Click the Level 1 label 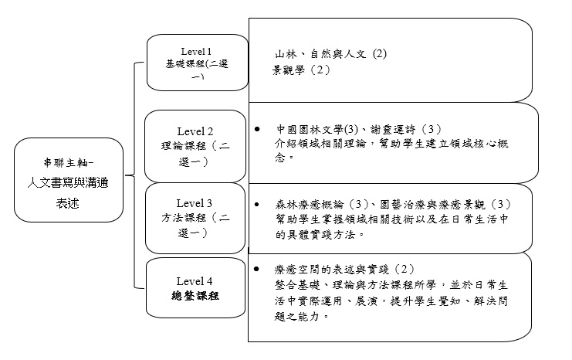pyautogui.click(x=196, y=52)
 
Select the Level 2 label pyautogui.click(x=195, y=131)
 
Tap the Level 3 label pyautogui.click(x=194, y=203)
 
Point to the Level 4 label pyautogui.click(x=194, y=281)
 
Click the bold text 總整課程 pyautogui.click(x=195, y=296)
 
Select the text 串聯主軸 pyautogui.click(x=66, y=162)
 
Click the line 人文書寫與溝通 pyautogui.click(x=68, y=182)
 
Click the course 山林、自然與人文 pyautogui.click(x=320, y=54)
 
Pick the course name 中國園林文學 pyautogui.click(x=310, y=129)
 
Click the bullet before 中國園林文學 pyautogui.click(x=257, y=129)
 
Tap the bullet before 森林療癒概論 pyautogui.click(x=257, y=204)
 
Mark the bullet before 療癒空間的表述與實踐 pyautogui.click(x=256, y=269)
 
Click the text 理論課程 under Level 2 pyautogui.click(x=184, y=146)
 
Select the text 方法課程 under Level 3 pyautogui.click(x=184, y=218)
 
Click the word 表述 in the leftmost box pyautogui.click(x=67, y=203)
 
